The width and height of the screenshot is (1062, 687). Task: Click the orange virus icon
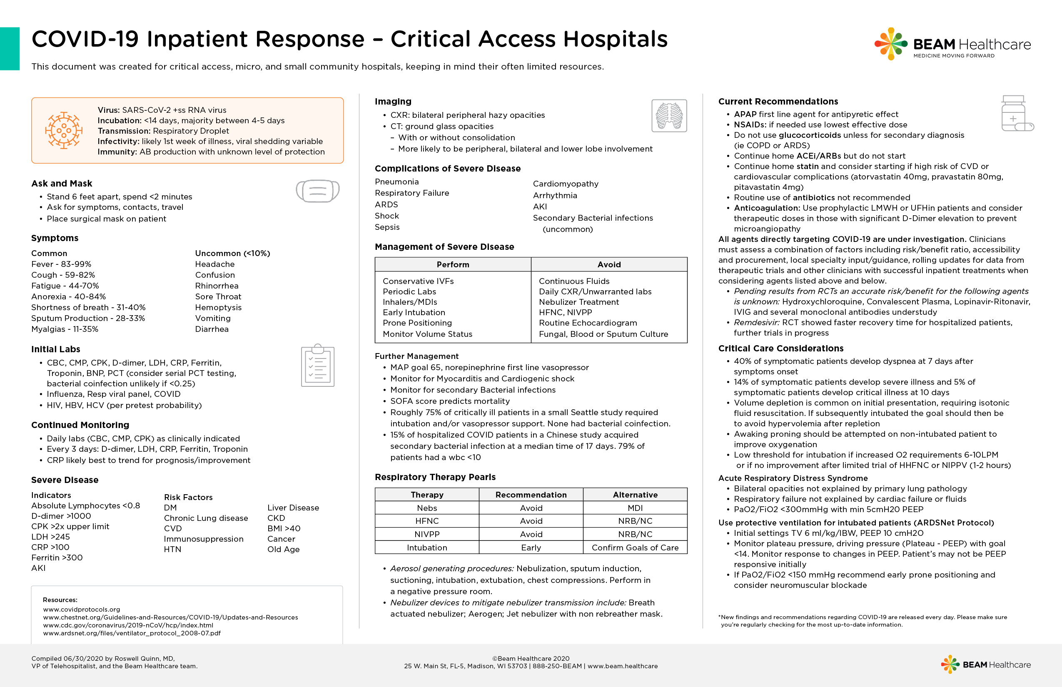[x=64, y=130]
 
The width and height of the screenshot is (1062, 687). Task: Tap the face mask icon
[x=318, y=191]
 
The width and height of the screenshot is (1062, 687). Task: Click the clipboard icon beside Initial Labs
[x=318, y=366]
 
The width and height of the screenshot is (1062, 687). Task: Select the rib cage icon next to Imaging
[x=669, y=116]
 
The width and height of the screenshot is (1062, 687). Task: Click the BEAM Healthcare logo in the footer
[x=986, y=665]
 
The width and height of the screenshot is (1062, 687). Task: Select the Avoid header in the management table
[x=608, y=264]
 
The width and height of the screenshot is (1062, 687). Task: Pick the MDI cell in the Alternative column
[x=635, y=508]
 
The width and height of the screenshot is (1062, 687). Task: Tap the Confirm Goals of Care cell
[x=635, y=548]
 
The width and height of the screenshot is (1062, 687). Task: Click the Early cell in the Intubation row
[x=531, y=548]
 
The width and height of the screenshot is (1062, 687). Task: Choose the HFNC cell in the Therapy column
[x=426, y=521]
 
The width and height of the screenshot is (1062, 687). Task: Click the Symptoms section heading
[x=55, y=238]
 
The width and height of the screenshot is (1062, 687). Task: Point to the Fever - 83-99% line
[x=61, y=264]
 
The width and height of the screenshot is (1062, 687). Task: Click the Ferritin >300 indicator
[x=57, y=558]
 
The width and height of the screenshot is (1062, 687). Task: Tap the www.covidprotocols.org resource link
[x=82, y=610]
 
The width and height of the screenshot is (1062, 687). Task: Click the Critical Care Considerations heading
[x=780, y=348]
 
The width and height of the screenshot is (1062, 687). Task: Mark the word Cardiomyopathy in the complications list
[x=566, y=184]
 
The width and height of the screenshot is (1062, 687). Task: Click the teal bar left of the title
[x=9, y=49]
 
